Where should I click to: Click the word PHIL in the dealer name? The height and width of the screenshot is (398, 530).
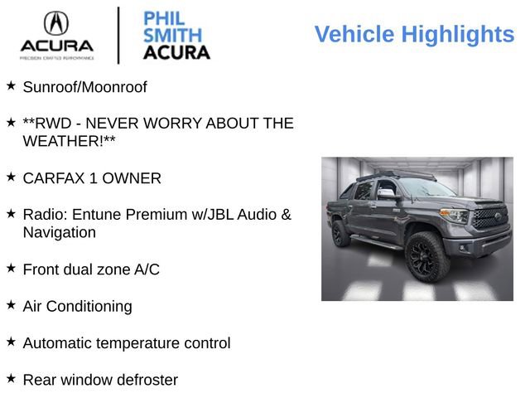(x=164, y=18)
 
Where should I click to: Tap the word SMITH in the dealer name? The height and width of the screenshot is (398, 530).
(x=172, y=35)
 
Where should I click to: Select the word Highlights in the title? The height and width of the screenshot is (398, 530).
(x=457, y=35)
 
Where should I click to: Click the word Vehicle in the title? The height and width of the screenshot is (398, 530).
(x=354, y=35)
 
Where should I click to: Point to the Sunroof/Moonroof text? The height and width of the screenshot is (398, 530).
(x=84, y=86)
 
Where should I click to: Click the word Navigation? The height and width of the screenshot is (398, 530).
(x=59, y=232)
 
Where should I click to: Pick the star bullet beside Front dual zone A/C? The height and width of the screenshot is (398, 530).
(x=11, y=268)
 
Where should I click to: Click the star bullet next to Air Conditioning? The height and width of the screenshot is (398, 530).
(x=11, y=304)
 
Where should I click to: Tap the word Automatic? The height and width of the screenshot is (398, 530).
(x=57, y=342)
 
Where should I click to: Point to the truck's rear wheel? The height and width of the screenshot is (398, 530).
(x=341, y=233)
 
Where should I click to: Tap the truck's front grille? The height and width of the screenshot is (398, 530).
(x=489, y=218)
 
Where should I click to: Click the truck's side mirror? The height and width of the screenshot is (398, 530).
(x=385, y=194)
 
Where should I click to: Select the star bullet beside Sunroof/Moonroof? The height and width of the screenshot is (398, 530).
(x=11, y=85)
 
